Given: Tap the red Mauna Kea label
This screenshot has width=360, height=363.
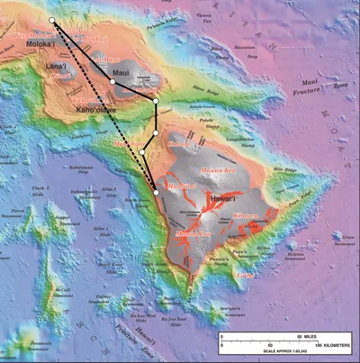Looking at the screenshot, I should [x=222, y=168].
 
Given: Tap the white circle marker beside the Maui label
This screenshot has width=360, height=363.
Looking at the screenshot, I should [x=112, y=81].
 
